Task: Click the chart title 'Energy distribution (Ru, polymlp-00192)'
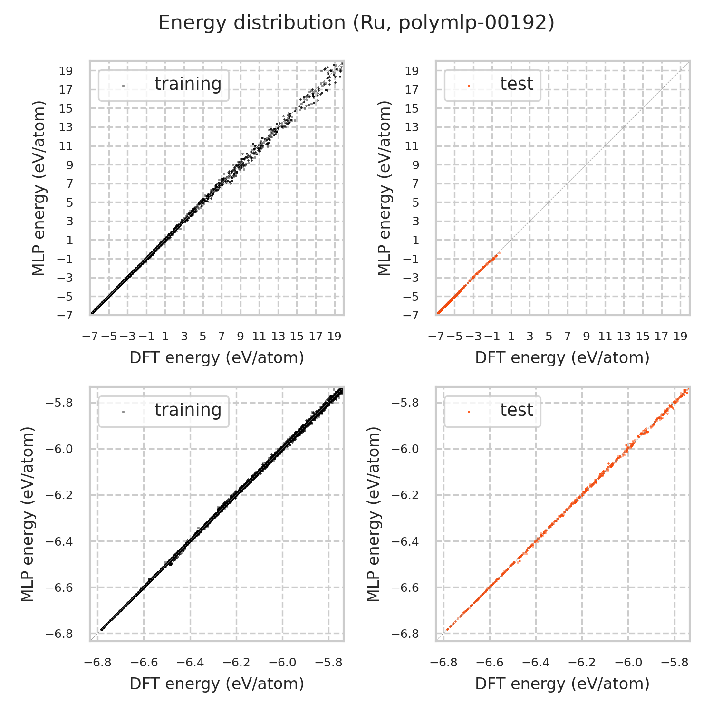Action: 356,23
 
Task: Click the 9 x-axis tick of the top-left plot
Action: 241,337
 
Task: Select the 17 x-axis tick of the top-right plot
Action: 661,337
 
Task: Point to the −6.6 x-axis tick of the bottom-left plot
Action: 144,663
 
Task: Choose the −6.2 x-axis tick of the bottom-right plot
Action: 582,663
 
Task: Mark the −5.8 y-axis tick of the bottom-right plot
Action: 404,403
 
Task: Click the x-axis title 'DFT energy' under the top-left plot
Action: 217,358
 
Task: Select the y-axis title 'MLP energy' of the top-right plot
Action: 384,188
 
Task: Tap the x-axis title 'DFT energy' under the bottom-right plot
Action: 562,684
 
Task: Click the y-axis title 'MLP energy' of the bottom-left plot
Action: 29,514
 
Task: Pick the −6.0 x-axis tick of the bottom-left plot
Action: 283,663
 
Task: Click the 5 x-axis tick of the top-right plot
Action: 549,337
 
